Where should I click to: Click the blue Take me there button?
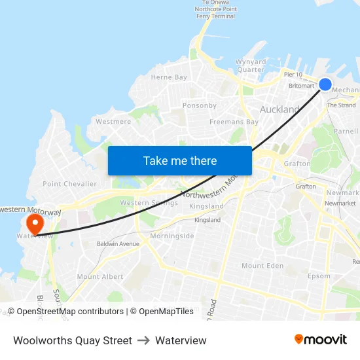pos(180,160)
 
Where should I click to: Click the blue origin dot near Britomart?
pos(325,84)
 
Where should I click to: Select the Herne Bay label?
pos(169,77)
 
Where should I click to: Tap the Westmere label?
pos(113,122)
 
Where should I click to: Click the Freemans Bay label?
pos(234,122)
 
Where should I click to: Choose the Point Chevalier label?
pos(69,184)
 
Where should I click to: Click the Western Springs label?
pos(149,203)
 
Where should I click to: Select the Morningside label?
pos(171,236)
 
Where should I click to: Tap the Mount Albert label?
pos(100,277)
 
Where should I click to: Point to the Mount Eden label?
pos(262,266)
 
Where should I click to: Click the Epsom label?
pos(319,276)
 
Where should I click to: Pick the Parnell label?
pos(346,131)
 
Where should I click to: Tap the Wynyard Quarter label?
pos(251,66)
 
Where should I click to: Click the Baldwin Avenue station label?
pos(118,244)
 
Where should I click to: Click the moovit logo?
pos(321,340)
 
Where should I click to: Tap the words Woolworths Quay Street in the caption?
pos(73,340)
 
